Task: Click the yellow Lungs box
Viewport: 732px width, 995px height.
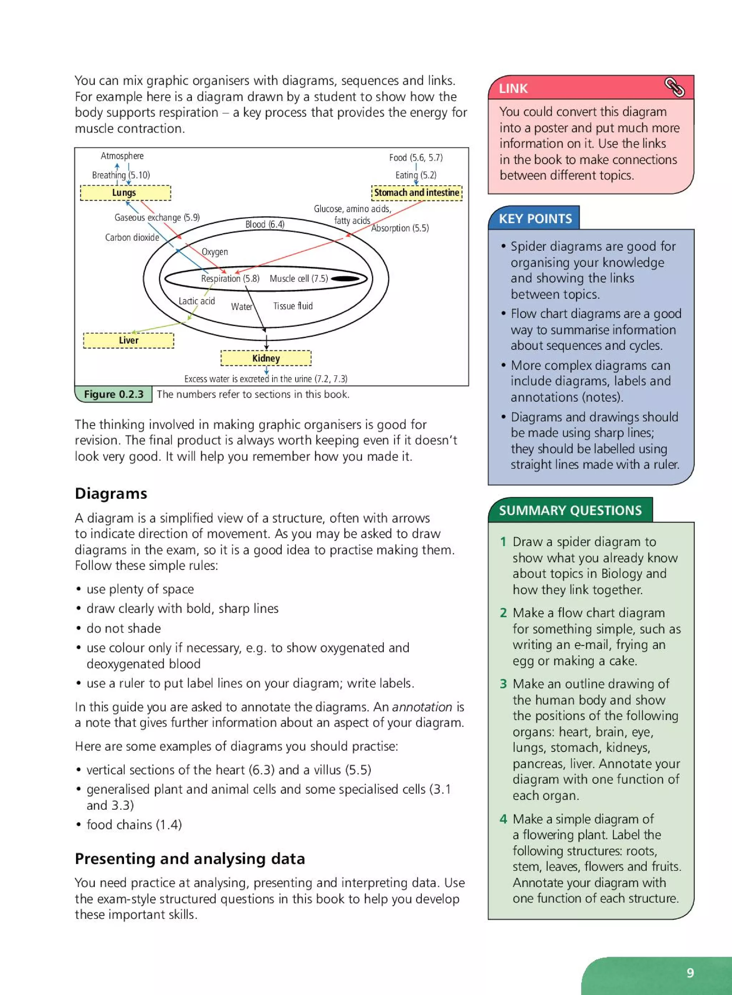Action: coord(125,193)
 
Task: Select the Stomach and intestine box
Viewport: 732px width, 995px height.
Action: coord(416,193)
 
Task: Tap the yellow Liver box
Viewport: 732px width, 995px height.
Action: coord(129,340)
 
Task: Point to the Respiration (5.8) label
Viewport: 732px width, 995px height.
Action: coord(230,279)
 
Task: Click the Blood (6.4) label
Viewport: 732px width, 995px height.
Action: coord(265,224)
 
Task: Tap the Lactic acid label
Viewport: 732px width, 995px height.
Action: coord(196,301)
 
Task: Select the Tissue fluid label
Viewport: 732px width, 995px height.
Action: coord(293,306)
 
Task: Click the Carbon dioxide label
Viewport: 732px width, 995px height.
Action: coord(132,237)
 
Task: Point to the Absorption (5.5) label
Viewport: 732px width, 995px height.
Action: coord(400,228)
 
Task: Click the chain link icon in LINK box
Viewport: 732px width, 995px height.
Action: coord(674,87)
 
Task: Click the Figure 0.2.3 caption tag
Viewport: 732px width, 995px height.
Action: coord(114,394)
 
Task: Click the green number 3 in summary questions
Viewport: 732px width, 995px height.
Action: coord(503,684)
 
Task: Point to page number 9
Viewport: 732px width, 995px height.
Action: coord(690,972)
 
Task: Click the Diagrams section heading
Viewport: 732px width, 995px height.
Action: coord(111,494)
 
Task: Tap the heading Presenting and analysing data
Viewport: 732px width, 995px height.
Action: coord(190,859)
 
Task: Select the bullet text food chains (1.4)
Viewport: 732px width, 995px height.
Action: coord(134,825)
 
